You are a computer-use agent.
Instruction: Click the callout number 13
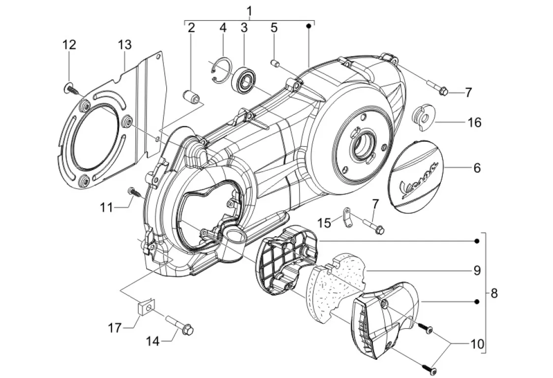(x=124, y=45)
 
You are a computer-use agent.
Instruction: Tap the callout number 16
(x=474, y=123)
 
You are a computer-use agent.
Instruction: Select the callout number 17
(x=114, y=328)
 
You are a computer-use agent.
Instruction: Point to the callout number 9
(x=477, y=270)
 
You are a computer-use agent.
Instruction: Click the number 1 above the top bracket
(x=249, y=11)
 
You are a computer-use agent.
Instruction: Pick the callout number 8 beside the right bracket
(x=494, y=293)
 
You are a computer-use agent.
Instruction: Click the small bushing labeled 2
(x=191, y=96)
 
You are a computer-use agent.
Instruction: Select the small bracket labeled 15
(x=347, y=218)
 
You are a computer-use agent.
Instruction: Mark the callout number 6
(x=477, y=168)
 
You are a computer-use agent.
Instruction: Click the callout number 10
(x=477, y=344)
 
